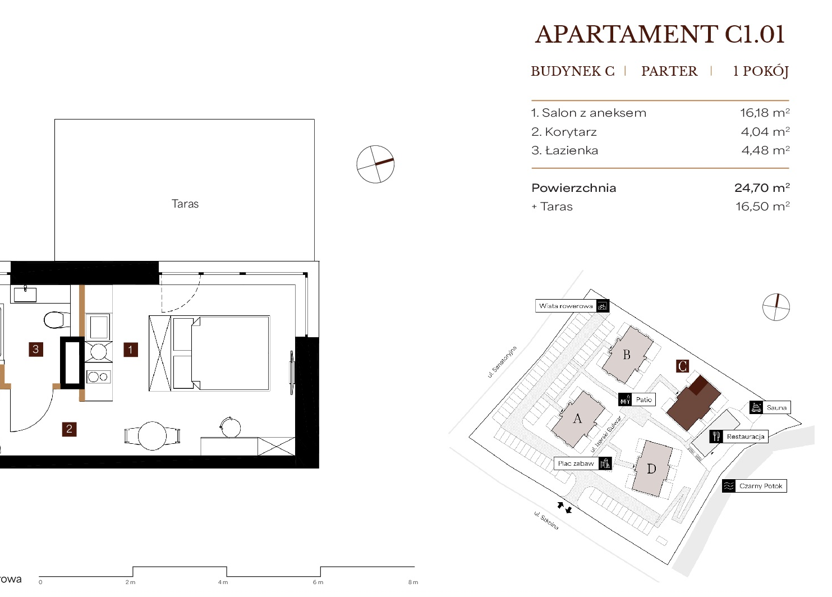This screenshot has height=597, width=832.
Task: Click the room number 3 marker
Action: tap(36, 350)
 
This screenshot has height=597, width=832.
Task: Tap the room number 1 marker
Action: tap(131, 350)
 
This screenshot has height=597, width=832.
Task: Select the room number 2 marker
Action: tap(70, 429)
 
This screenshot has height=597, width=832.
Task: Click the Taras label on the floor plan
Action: tap(185, 204)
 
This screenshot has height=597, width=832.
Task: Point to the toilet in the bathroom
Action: tap(57, 320)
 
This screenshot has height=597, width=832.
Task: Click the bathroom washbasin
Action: tap(25, 294)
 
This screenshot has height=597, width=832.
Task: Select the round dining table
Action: tap(152, 435)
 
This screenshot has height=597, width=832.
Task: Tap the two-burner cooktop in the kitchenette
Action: tap(98, 377)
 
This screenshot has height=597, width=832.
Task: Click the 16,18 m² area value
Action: tap(765, 112)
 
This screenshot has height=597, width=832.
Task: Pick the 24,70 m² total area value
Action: tap(762, 187)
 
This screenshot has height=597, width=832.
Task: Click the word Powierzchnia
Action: tap(574, 188)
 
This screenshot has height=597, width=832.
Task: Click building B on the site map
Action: tap(627, 355)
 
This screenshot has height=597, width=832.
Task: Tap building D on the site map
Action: tap(652, 469)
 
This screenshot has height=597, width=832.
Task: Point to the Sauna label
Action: tap(776, 407)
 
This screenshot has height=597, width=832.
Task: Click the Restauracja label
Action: tap(746, 437)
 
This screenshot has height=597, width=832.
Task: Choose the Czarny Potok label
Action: tap(761, 486)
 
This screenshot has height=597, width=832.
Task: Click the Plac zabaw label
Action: tap(576, 463)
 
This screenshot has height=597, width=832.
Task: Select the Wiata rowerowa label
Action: tap(566, 306)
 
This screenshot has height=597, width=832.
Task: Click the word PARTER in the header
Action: tap(669, 71)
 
